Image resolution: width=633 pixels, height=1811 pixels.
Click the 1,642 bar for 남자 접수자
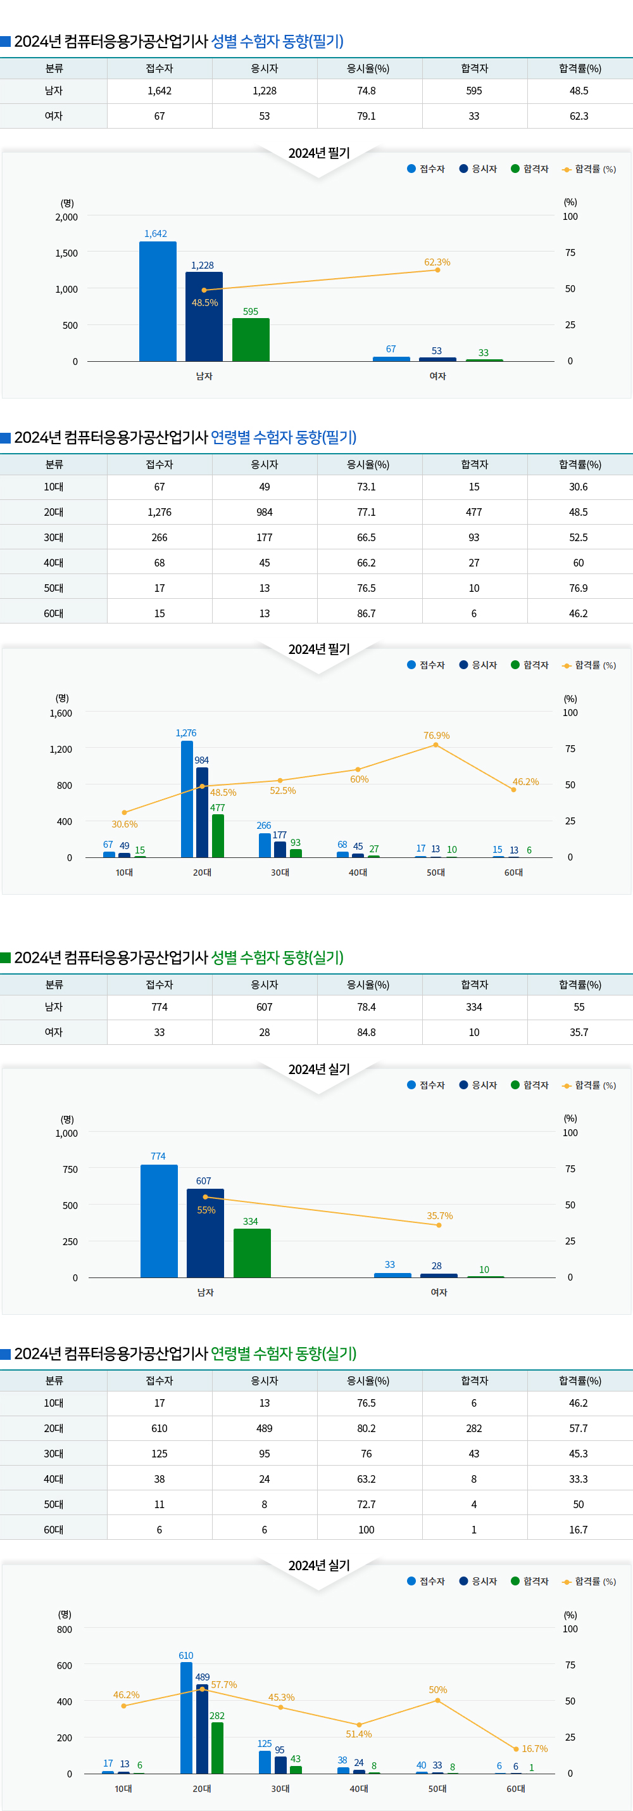158,302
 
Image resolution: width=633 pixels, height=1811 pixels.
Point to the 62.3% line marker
437,270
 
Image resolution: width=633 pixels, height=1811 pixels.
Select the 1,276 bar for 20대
187,798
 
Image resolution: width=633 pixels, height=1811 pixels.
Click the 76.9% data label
436,736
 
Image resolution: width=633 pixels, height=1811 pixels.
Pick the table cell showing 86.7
366,613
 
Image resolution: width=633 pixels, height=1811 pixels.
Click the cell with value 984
264,512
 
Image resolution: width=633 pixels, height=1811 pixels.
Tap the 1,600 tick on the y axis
61,713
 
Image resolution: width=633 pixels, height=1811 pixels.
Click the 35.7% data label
440,1215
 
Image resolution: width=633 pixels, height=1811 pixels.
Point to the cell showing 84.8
366,1032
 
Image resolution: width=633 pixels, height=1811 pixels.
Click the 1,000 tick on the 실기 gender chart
66,1133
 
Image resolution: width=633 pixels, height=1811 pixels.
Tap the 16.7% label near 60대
535,1748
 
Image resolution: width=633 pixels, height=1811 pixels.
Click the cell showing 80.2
366,1428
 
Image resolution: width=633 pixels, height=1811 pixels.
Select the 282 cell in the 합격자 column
473,1428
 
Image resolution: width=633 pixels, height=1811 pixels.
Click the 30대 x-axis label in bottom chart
280,1788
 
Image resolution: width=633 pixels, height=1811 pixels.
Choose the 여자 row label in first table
53,116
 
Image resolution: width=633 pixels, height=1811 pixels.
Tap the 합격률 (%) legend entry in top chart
590,169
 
